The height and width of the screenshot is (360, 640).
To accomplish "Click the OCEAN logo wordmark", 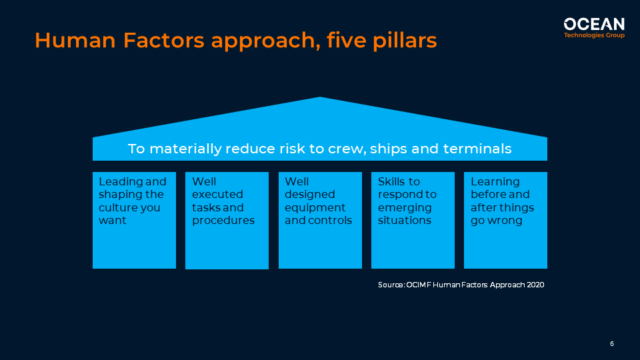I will click(x=594, y=24).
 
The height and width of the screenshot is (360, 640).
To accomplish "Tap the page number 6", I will click(x=611, y=344).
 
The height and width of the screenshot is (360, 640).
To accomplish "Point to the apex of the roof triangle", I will click(x=320, y=98).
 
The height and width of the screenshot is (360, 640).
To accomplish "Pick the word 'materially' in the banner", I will click(x=185, y=149).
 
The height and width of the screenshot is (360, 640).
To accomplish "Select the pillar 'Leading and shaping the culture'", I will click(x=134, y=220).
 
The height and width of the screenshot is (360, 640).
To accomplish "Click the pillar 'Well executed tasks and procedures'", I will click(x=227, y=221).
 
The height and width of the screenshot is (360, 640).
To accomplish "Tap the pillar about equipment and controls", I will click(x=319, y=220).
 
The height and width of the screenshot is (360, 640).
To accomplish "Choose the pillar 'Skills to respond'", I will click(x=413, y=220).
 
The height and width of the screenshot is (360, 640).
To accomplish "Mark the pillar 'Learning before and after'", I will click(x=505, y=220).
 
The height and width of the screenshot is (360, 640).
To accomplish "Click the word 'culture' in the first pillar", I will click(x=117, y=207).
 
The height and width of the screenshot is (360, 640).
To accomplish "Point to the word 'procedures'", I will click(x=223, y=221).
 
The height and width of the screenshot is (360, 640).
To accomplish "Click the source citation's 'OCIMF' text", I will click(x=418, y=285).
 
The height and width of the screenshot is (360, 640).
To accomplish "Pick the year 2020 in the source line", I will click(x=534, y=285).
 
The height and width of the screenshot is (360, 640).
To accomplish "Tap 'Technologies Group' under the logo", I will click(x=594, y=35).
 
